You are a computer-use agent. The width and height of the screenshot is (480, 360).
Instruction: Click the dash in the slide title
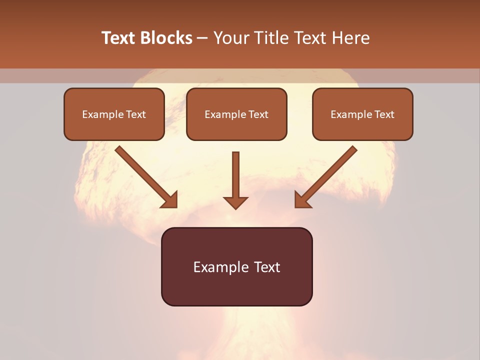tap(202, 38)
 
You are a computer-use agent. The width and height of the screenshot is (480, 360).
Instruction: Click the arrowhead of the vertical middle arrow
tap(235, 202)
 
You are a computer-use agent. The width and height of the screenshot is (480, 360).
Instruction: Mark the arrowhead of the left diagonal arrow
tap(171, 201)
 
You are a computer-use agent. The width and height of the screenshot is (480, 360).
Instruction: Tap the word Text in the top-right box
tap(384, 114)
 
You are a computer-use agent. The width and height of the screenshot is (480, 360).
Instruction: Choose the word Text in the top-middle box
tap(258, 114)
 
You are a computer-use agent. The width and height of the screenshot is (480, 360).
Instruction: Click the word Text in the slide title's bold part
tap(118, 38)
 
